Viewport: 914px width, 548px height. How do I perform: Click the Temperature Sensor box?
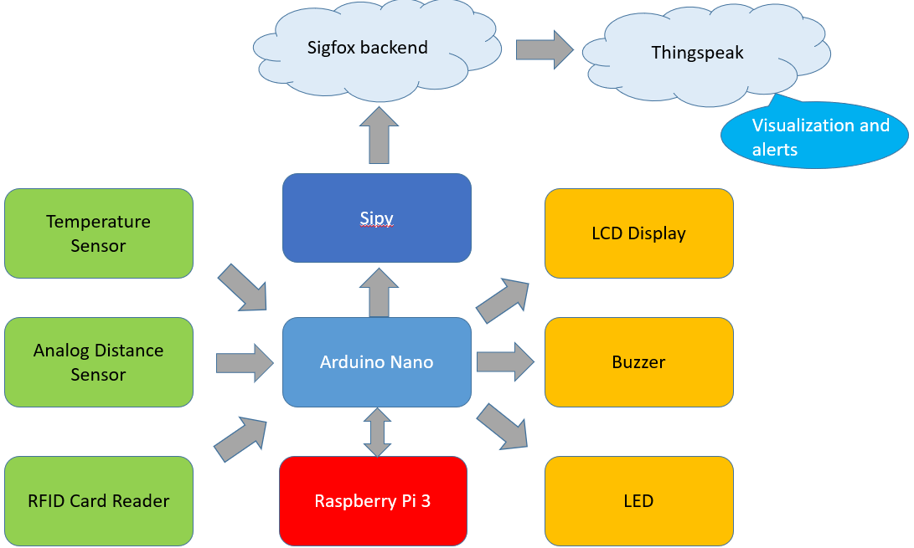coord(99,233)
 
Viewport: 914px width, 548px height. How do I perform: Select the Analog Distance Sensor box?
coord(99,362)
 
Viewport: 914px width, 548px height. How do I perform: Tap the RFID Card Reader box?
coord(99,501)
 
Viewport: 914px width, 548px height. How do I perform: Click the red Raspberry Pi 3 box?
coord(373,501)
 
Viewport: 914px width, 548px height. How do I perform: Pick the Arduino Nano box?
coord(377,362)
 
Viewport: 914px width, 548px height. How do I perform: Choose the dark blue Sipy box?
coord(377,218)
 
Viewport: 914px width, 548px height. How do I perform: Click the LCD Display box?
coord(639,233)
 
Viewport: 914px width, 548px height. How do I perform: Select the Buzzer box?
coord(639,362)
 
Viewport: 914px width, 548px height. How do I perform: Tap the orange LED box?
coord(639,501)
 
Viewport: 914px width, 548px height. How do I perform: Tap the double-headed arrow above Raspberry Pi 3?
coord(377,432)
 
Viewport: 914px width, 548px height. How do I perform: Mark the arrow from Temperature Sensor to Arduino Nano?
coord(243,288)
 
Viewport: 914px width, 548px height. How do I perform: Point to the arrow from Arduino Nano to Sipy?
coord(379,293)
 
